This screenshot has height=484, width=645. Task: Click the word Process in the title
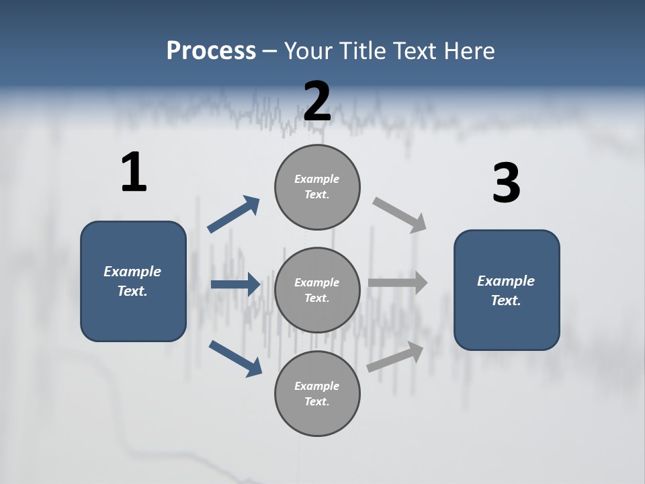tap(211, 51)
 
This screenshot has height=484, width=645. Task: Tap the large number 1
tap(134, 173)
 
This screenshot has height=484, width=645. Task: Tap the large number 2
tap(317, 102)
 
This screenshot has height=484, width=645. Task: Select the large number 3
tap(506, 184)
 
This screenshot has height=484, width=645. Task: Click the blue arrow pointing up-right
tap(234, 214)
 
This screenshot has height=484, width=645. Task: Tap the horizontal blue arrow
tap(235, 284)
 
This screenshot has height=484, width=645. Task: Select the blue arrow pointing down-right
tap(235, 358)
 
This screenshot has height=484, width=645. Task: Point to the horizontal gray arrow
tap(398, 284)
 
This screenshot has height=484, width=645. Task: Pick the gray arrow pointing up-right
tap(396, 356)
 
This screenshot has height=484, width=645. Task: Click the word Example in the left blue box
tap(132, 272)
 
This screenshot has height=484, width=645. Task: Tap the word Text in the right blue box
tap(505, 300)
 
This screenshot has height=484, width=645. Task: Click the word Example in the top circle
tap(316, 179)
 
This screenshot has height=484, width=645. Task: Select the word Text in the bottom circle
tap(316, 401)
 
